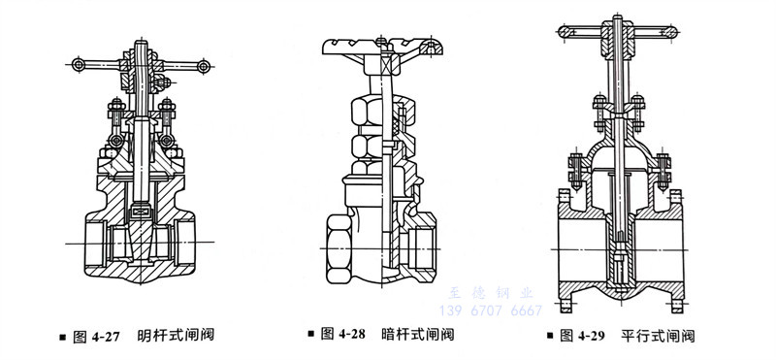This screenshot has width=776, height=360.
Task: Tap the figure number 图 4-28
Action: tap(348, 337)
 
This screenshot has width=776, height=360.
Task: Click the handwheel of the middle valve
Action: tap(384, 45)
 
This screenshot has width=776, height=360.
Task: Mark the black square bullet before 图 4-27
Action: tap(63, 337)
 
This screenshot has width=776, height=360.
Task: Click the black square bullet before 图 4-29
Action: tap(551, 337)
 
